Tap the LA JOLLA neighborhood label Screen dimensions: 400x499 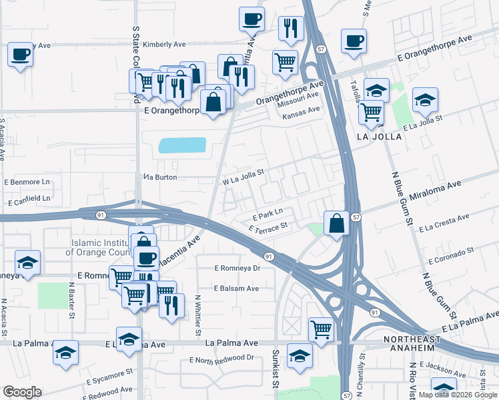[x=380, y=136]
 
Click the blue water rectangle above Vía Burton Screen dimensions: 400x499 [x=182, y=145]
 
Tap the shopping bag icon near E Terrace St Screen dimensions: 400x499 [x=337, y=223]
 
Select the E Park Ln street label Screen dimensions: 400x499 [x=268, y=217]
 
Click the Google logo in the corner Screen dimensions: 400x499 [x=22, y=392]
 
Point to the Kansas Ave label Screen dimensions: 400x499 [x=301, y=115]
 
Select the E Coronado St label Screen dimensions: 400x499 [x=451, y=255]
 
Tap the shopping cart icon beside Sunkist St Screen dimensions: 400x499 [x=321, y=329]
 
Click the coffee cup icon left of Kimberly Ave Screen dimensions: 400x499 [x=21, y=55]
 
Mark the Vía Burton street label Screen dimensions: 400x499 [x=160, y=177]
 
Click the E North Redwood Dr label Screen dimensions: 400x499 [x=221, y=358]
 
